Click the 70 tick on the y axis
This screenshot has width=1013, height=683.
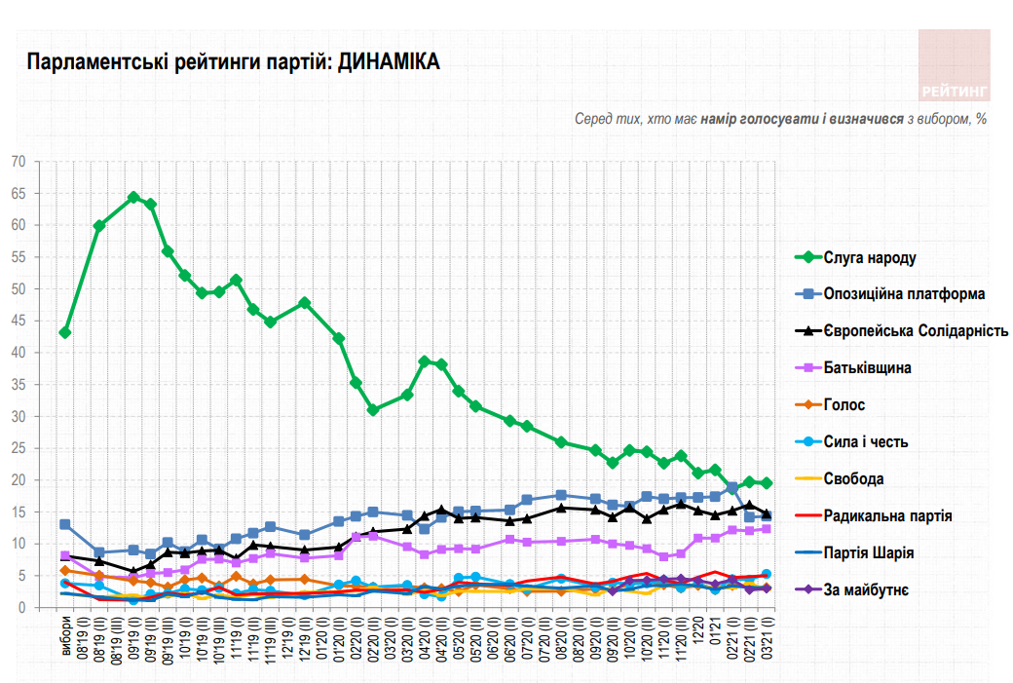pos(19,162)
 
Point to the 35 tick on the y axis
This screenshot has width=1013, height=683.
pos(19,385)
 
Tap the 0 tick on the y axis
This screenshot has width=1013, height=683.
pos(21,608)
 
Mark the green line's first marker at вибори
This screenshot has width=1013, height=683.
pos(65,332)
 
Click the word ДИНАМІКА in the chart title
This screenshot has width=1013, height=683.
pos(389,62)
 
